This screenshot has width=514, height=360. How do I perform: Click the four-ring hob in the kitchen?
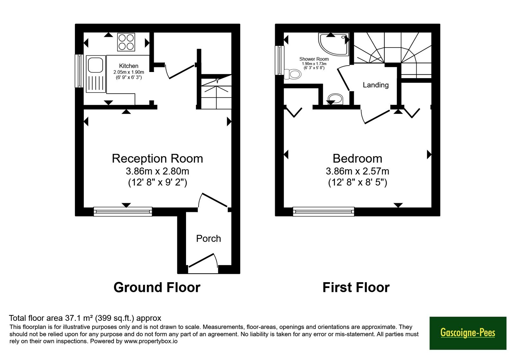tap(126, 42)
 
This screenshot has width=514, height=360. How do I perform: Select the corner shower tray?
tap(334, 44)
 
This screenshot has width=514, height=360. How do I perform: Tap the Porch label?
tap(208, 239)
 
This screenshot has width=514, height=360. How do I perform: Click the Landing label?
tap(376, 85)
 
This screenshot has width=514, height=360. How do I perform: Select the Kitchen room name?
tap(128, 66)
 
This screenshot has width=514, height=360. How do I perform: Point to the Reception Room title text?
tap(157, 158)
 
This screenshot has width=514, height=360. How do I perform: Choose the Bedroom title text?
tap(357, 158)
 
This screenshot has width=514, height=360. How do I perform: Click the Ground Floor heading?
tap(157, 287)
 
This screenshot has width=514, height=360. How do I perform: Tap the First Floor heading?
tap(356, 287)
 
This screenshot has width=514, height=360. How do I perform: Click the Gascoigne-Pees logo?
tap(468, 333)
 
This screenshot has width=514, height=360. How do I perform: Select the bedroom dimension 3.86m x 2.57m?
tap(357, 171)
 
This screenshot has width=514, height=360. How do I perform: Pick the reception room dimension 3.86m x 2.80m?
tap(157, 171)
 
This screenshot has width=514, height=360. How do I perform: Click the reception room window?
tap(123, 212)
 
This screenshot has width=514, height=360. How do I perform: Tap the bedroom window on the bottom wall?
tap(323, 212)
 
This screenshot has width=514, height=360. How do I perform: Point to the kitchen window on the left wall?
tap(79, 71)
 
